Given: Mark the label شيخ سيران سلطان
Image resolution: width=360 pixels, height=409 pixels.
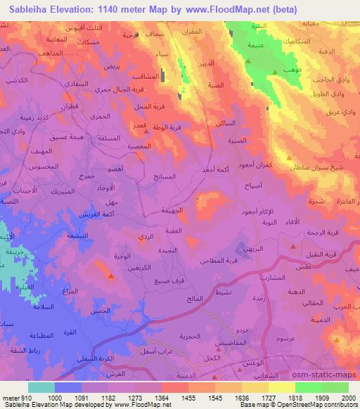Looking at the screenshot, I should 314,167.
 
